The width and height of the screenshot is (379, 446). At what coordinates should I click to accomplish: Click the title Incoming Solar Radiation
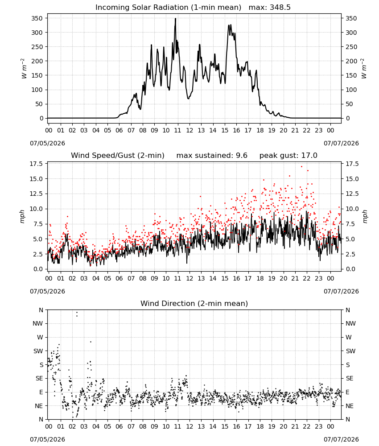tap(141, 8)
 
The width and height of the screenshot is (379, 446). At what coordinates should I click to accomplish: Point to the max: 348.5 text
tap(270, 8)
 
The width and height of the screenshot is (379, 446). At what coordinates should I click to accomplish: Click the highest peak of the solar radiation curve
tap(175, 19)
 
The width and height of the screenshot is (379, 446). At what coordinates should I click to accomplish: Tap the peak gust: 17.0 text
tap(288, 156)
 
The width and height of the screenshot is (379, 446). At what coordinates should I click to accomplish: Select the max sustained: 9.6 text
tap(212, 156)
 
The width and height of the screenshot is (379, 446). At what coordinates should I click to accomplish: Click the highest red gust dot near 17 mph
tap(301, 166)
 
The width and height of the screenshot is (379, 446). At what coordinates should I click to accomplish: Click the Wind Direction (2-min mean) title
tap(194, 303)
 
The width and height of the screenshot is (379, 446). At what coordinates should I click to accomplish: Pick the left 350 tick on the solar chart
tap(37, 18)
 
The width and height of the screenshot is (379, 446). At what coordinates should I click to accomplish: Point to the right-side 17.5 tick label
tap(351, 164)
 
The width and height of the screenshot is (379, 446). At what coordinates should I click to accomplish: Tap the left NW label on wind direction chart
tap(38, 324)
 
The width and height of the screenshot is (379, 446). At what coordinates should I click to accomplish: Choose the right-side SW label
tap(350, 351)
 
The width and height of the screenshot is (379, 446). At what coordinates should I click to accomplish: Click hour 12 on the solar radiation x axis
tap(189, 131)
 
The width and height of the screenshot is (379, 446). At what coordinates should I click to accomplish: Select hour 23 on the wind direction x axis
tap(319, 427)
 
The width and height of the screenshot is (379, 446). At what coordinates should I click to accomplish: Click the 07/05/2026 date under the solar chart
tap(47, 143)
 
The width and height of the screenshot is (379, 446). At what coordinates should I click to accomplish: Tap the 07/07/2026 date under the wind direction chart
tap(341, 439)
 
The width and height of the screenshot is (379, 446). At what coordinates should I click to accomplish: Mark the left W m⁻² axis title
tap(24, 69)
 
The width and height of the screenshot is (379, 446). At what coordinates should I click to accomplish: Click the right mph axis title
tap(365, 216)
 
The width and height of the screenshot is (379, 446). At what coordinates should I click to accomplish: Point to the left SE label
tap(39, 379)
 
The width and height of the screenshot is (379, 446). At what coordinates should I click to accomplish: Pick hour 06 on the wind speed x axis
tap(119, 278)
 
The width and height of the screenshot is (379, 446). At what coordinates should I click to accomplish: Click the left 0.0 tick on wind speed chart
tap(38, 269)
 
